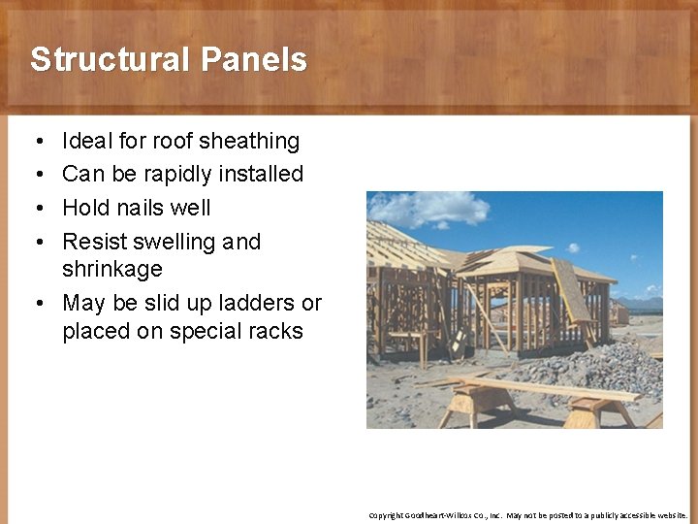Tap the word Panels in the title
tap(254, 60)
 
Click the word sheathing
tap(249, 141)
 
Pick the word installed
tap(263, 175)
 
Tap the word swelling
tap(176, 242)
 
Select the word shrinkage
tap(111, 269)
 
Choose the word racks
tap(275, 331)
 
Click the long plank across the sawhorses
tap(543, 387)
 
